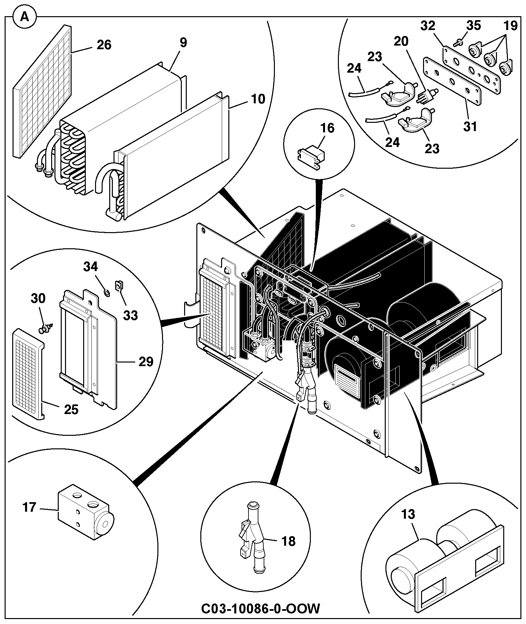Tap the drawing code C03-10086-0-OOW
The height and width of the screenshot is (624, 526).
coord(261,608)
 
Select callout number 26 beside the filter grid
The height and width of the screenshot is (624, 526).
coord(104,45)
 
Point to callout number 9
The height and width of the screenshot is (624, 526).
coord(183,43)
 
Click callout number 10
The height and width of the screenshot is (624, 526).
coord(258,99)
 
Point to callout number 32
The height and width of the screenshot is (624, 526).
coord(428,26)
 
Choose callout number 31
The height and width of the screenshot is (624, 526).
coord(470,126)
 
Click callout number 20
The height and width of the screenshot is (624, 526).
coord(401,41)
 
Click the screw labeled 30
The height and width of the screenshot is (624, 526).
coord(45,328)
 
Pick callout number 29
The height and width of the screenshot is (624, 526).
coord(146,362)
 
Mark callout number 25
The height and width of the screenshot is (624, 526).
coord(71,409)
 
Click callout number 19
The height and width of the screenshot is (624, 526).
coord(510,26)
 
